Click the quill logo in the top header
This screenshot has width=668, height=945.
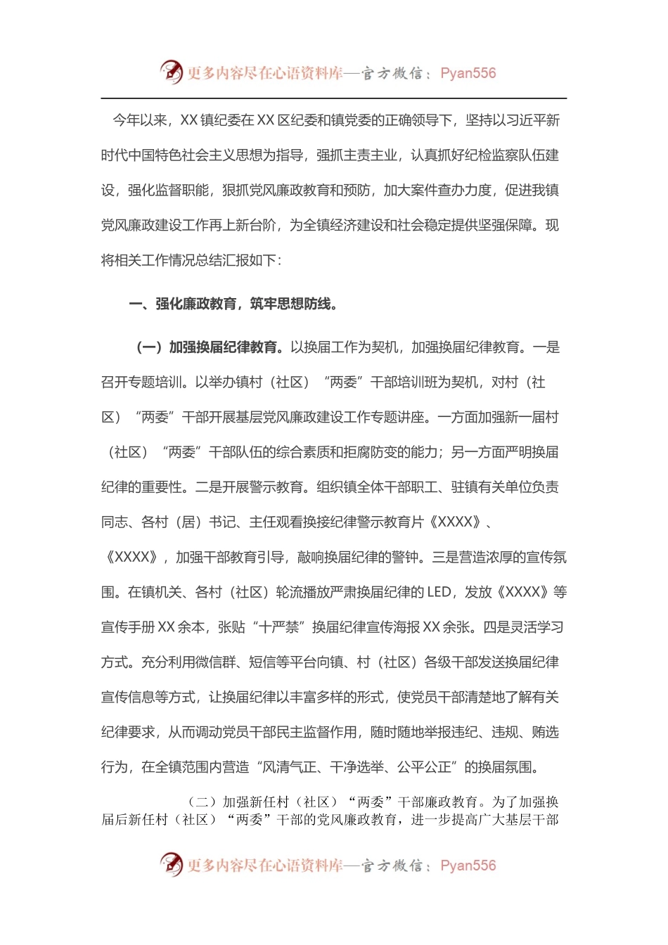172,72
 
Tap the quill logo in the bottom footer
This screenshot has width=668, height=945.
172,864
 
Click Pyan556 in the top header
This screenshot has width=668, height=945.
468,73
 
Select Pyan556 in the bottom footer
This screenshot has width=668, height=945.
468,866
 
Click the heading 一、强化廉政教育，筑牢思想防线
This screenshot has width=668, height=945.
233,304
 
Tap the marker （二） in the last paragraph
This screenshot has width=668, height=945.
203,802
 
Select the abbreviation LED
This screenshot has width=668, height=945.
439,592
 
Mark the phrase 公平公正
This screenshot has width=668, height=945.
424,767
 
